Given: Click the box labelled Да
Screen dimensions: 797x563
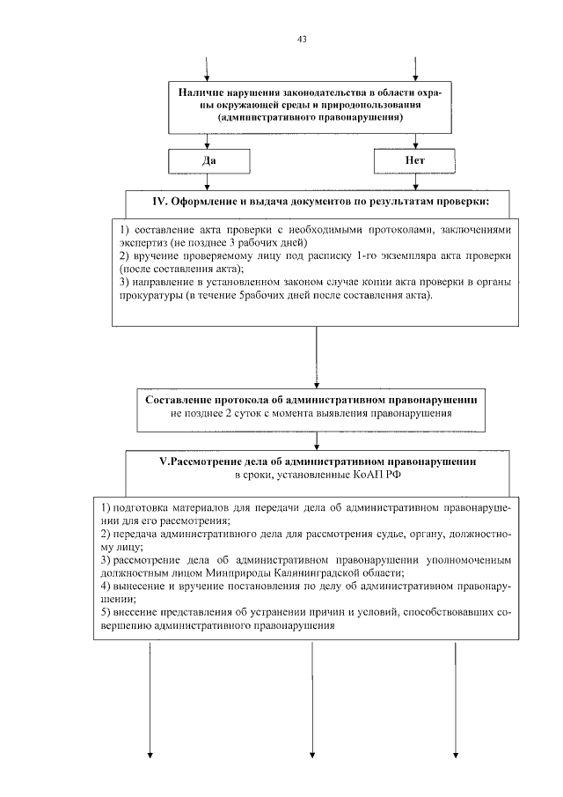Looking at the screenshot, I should pos(208,161).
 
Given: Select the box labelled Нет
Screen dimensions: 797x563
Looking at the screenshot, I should pos(415,161).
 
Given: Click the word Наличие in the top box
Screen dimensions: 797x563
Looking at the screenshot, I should pos(200,92).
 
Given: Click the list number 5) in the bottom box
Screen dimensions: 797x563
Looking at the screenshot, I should pos(106,613).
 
